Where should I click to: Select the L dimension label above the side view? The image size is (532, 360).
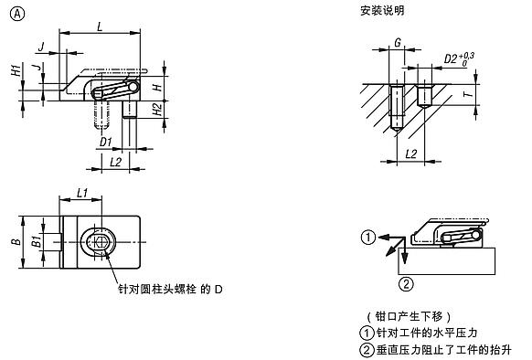click(x=99, y=28)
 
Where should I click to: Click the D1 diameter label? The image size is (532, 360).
click(x=105, y=142)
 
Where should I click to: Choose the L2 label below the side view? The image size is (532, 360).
click(x=115, y=162)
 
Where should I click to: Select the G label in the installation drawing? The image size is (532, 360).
click(x=398, y=42)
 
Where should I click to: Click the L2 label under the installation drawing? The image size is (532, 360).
click(x=410, y=153)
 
